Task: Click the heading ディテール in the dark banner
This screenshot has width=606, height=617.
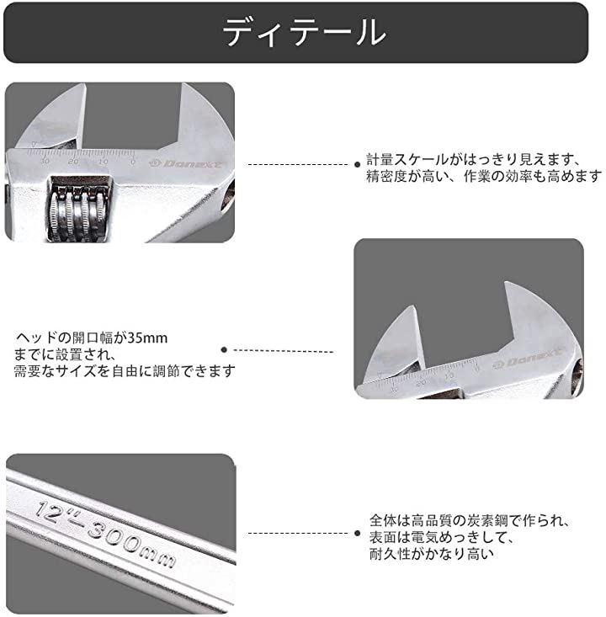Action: click(x=304, y=33)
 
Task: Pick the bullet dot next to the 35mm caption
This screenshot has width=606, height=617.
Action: click(x=223, y=349)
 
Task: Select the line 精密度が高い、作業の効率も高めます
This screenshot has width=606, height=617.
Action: click(x=484, y=176)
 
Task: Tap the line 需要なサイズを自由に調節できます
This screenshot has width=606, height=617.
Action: click(x=124, y=370)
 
